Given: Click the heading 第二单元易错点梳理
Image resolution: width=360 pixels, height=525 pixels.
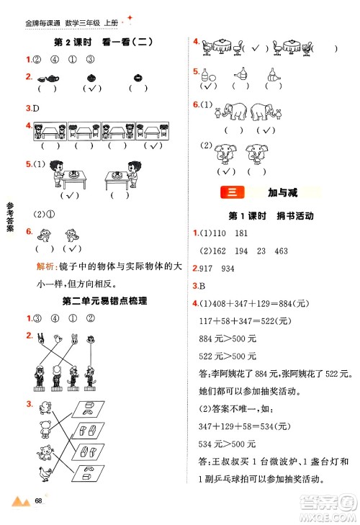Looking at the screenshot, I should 105,301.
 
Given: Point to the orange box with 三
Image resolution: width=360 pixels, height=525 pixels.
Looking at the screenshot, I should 235,192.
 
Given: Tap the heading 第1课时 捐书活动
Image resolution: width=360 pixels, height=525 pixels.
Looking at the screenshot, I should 270,215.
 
